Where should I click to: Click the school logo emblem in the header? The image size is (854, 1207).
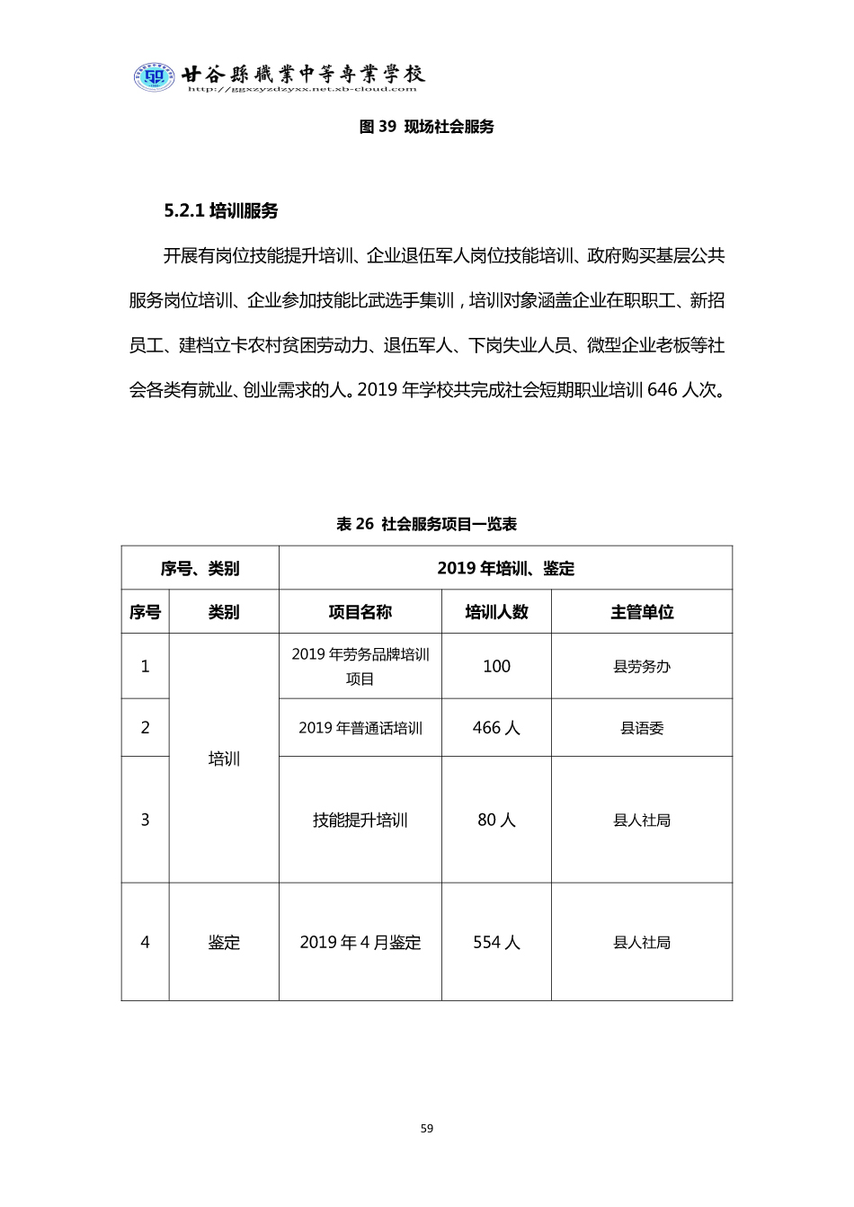(154, 77)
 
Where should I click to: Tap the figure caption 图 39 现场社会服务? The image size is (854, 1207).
(426, 127)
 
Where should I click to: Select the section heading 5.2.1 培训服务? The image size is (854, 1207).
(221, 211)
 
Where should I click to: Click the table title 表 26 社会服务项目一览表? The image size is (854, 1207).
(426, 524)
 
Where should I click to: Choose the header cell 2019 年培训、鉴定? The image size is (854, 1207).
(505, 568)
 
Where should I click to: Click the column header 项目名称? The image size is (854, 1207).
(360, 612)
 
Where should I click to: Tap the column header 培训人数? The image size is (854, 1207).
(496, 612)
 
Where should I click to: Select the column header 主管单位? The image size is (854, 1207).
(642, 612)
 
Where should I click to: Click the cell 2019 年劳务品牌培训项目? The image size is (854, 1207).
(360, 666)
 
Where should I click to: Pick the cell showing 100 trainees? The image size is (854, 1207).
(496, 666)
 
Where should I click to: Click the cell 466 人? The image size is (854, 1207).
(496, 728)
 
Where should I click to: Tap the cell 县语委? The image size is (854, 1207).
(642, 728)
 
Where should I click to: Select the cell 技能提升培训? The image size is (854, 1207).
(360, 820)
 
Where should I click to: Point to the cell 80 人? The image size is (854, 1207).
(496, 820)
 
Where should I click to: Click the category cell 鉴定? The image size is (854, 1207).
(224, 942)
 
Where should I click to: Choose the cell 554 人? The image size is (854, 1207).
(496, 942)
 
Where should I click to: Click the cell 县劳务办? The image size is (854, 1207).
(642, 666)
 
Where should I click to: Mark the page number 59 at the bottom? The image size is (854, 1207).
(427, 1128)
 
